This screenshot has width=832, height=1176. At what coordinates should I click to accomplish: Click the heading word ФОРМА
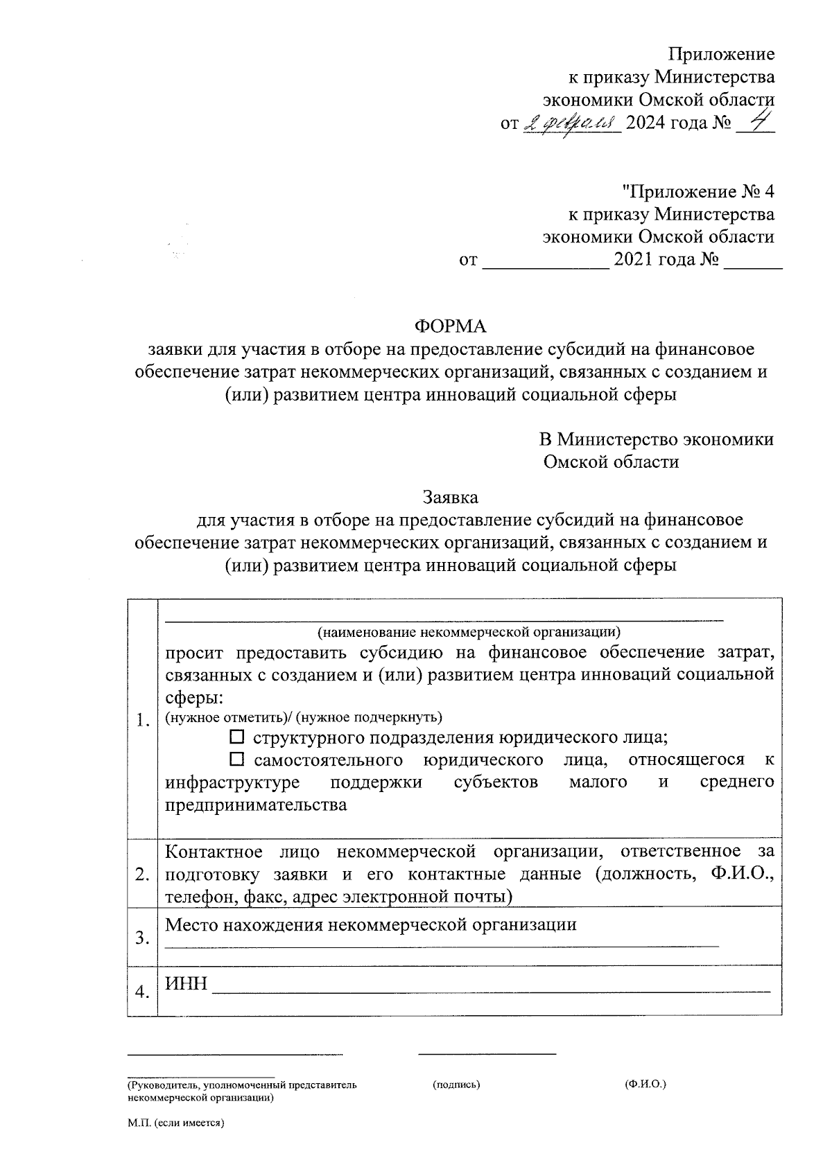(x=450, y=326)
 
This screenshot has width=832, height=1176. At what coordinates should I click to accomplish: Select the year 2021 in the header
(x=635, y=261)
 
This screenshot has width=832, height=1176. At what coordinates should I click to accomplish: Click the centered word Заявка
(x=450, y=497)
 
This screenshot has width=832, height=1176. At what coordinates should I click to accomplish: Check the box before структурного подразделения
(x=237, y=737)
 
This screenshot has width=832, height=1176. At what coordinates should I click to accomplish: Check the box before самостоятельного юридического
(x=237, y=760)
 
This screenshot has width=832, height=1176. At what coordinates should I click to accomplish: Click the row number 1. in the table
(x=143, y=720)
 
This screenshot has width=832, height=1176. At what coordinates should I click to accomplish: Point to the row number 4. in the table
(x=143, y=992)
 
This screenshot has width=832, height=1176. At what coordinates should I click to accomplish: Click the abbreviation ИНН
(x=186, y=983)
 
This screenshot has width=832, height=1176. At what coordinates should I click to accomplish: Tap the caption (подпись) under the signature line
(x=456, y=1084)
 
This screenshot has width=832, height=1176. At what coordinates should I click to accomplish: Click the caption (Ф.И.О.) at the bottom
(x=645, y=1083)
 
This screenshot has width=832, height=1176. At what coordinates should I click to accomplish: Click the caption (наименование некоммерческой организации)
(x=469, y=631)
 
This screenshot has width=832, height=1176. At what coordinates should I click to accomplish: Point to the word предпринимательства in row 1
(x=256, y=805)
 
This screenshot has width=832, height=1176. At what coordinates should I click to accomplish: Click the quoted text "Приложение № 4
(x=697, y=191)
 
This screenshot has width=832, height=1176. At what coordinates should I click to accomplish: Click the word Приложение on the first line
(x=720, y=54)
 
